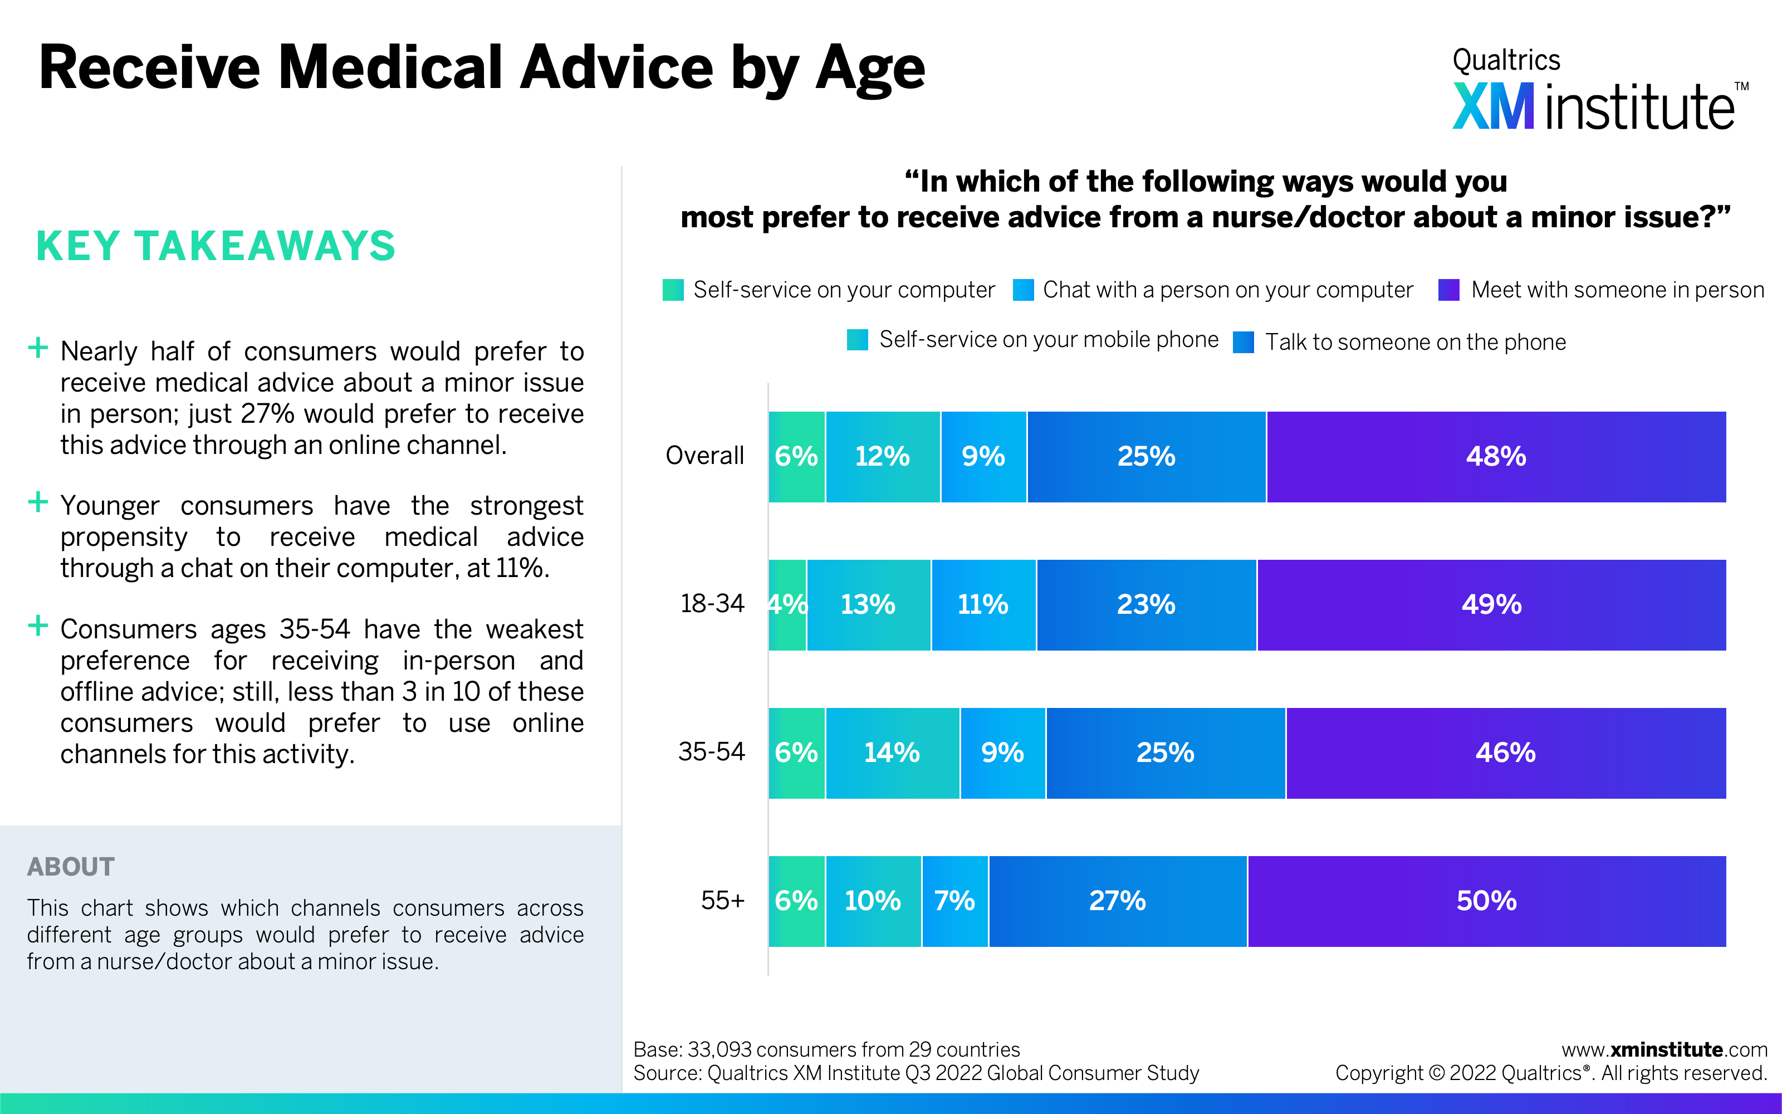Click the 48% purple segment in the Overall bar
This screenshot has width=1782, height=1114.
1496,457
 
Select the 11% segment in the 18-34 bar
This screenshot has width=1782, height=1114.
983,605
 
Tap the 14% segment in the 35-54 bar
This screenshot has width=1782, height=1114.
892,753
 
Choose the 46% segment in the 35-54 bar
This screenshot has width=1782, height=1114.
1505,753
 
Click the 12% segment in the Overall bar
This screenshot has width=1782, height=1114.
882,457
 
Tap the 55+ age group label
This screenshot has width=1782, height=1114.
722,900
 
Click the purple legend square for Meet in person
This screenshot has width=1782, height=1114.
1448,290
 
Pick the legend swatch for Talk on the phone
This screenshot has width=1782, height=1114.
1243,343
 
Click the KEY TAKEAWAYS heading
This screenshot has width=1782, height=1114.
216,246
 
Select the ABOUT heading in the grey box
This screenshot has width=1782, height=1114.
71,867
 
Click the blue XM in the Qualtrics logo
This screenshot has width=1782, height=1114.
1492,107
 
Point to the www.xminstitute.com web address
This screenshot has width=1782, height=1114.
1663,1050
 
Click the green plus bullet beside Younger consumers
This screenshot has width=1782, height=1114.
37,502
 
